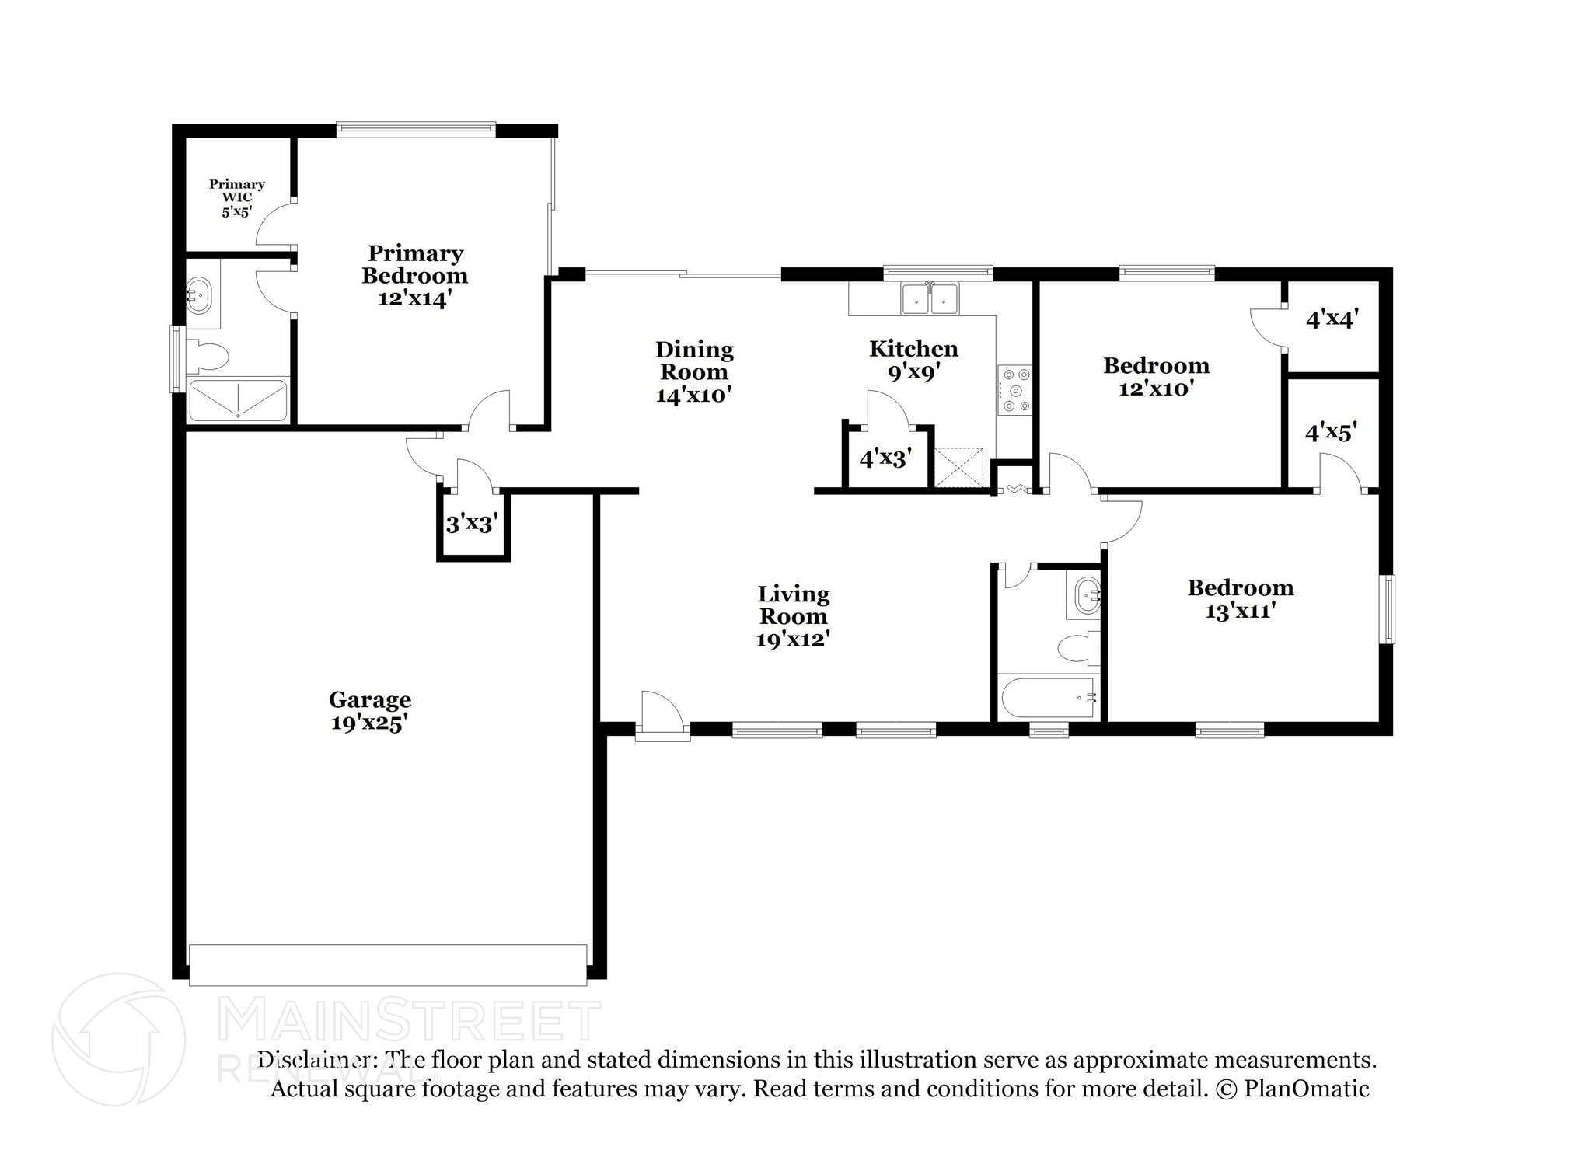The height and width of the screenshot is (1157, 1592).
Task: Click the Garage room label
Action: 370,711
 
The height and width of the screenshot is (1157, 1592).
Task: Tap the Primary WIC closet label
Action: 237,198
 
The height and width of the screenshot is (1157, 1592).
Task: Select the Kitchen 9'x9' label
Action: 913,361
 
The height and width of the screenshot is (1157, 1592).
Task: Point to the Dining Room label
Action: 694,372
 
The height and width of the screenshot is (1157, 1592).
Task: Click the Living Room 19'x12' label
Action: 794,617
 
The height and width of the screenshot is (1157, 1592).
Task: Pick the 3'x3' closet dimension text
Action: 472,524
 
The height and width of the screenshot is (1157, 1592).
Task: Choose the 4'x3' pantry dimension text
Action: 885,458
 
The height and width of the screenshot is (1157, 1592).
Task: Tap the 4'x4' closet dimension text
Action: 1332,319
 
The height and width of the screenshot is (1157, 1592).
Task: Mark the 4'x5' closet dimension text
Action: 1332,432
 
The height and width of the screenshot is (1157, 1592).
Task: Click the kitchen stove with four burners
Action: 1014,390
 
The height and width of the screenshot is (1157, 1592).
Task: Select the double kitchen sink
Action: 930,298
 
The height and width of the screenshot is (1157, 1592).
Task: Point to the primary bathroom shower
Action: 238,400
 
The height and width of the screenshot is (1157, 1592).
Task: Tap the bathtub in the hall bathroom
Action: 1049,697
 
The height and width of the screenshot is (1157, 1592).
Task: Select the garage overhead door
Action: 388,964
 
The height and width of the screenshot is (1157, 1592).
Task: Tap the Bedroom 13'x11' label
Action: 1240,599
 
